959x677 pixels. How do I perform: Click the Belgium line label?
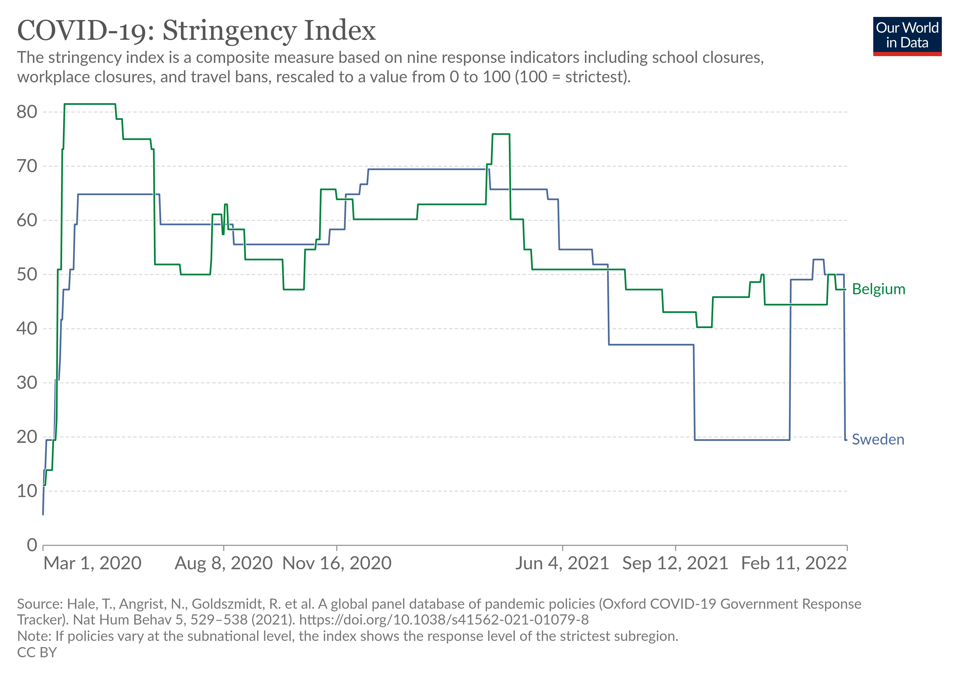coord(878,289)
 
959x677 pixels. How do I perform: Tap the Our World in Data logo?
coord(907,36)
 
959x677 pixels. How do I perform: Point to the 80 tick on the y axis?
coord(27,112)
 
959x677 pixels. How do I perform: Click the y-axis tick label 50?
coord(27,274)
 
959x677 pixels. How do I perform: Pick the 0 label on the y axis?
coord(32,545)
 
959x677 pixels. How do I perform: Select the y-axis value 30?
coord(27,383)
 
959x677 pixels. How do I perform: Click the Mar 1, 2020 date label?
coord(92,563)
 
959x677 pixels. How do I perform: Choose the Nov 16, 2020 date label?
coord(337,563)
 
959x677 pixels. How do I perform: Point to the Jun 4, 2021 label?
coord(562,563)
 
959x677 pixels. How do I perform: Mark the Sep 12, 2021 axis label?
coord(675,563)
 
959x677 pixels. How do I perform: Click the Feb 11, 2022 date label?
coord(794,563)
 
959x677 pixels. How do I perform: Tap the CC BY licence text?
coord(37,652)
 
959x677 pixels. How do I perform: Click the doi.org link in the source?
coord(444,620)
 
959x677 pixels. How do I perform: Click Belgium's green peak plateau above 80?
coord(90,104)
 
